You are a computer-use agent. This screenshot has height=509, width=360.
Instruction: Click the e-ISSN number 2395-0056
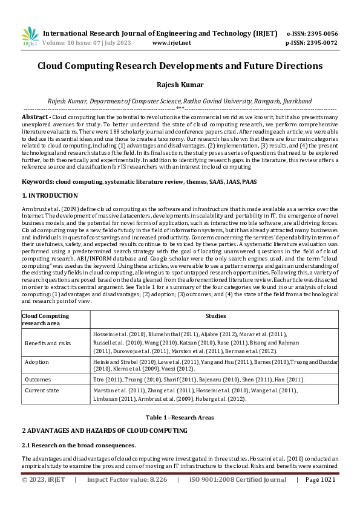tap(321, 33)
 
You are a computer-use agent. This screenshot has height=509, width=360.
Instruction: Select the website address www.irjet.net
tap(171, 43)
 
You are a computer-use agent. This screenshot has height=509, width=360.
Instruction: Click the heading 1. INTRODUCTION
tap(50, 196)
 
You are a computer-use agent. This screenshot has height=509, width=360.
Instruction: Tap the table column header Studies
tap(215, 316)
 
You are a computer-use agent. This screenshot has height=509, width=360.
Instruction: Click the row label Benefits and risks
tap(48, 342)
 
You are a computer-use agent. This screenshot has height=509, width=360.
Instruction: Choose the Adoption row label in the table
tap(37, 361)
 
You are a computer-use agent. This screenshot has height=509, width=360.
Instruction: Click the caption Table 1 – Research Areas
tap(179, 417)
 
